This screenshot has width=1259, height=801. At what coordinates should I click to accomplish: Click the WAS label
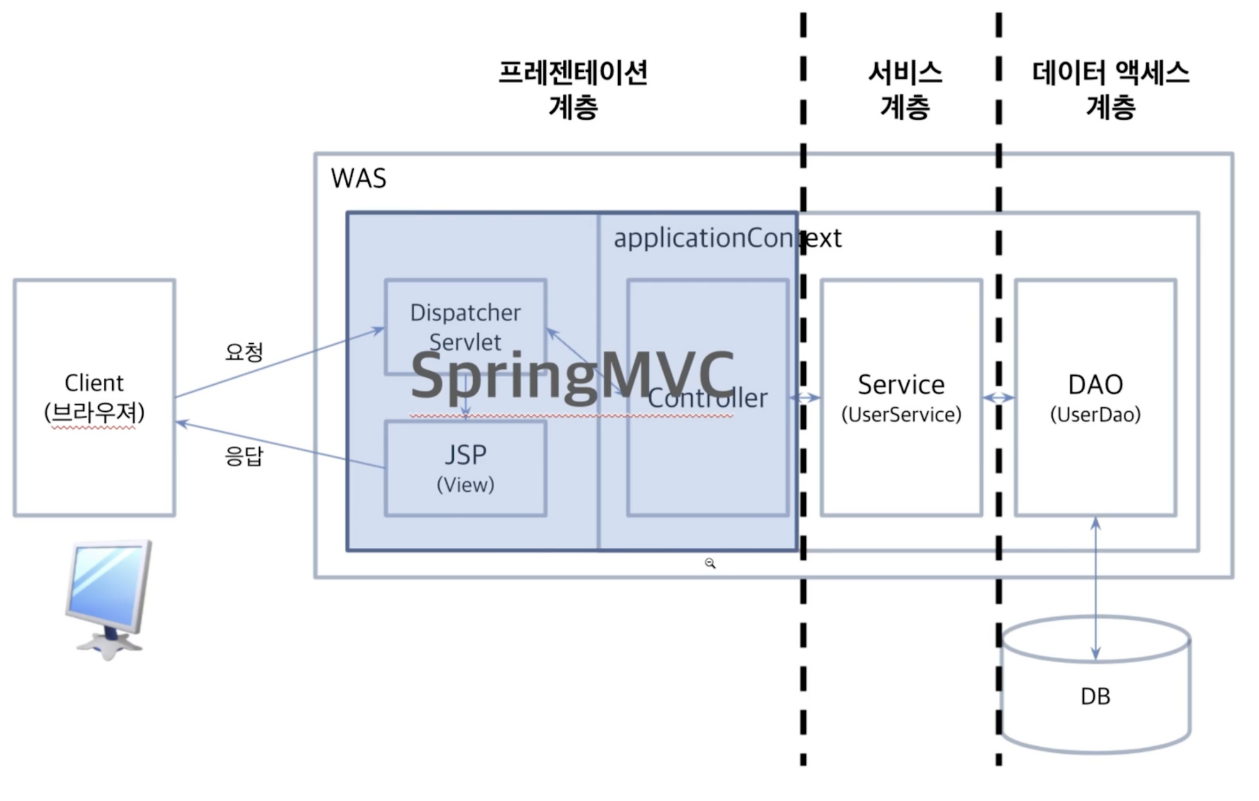358,178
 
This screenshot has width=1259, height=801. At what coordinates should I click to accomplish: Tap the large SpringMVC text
572,376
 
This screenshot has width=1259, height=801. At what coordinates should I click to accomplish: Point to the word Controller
708,398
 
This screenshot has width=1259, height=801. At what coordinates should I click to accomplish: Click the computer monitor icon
109,599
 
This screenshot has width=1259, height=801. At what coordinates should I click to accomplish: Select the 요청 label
244,351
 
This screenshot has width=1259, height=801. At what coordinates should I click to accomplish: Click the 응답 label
244,455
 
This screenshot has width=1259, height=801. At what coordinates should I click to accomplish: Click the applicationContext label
728,238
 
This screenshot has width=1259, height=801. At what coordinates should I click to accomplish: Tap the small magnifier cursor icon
710,564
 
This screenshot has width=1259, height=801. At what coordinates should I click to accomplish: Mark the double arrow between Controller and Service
805,397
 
